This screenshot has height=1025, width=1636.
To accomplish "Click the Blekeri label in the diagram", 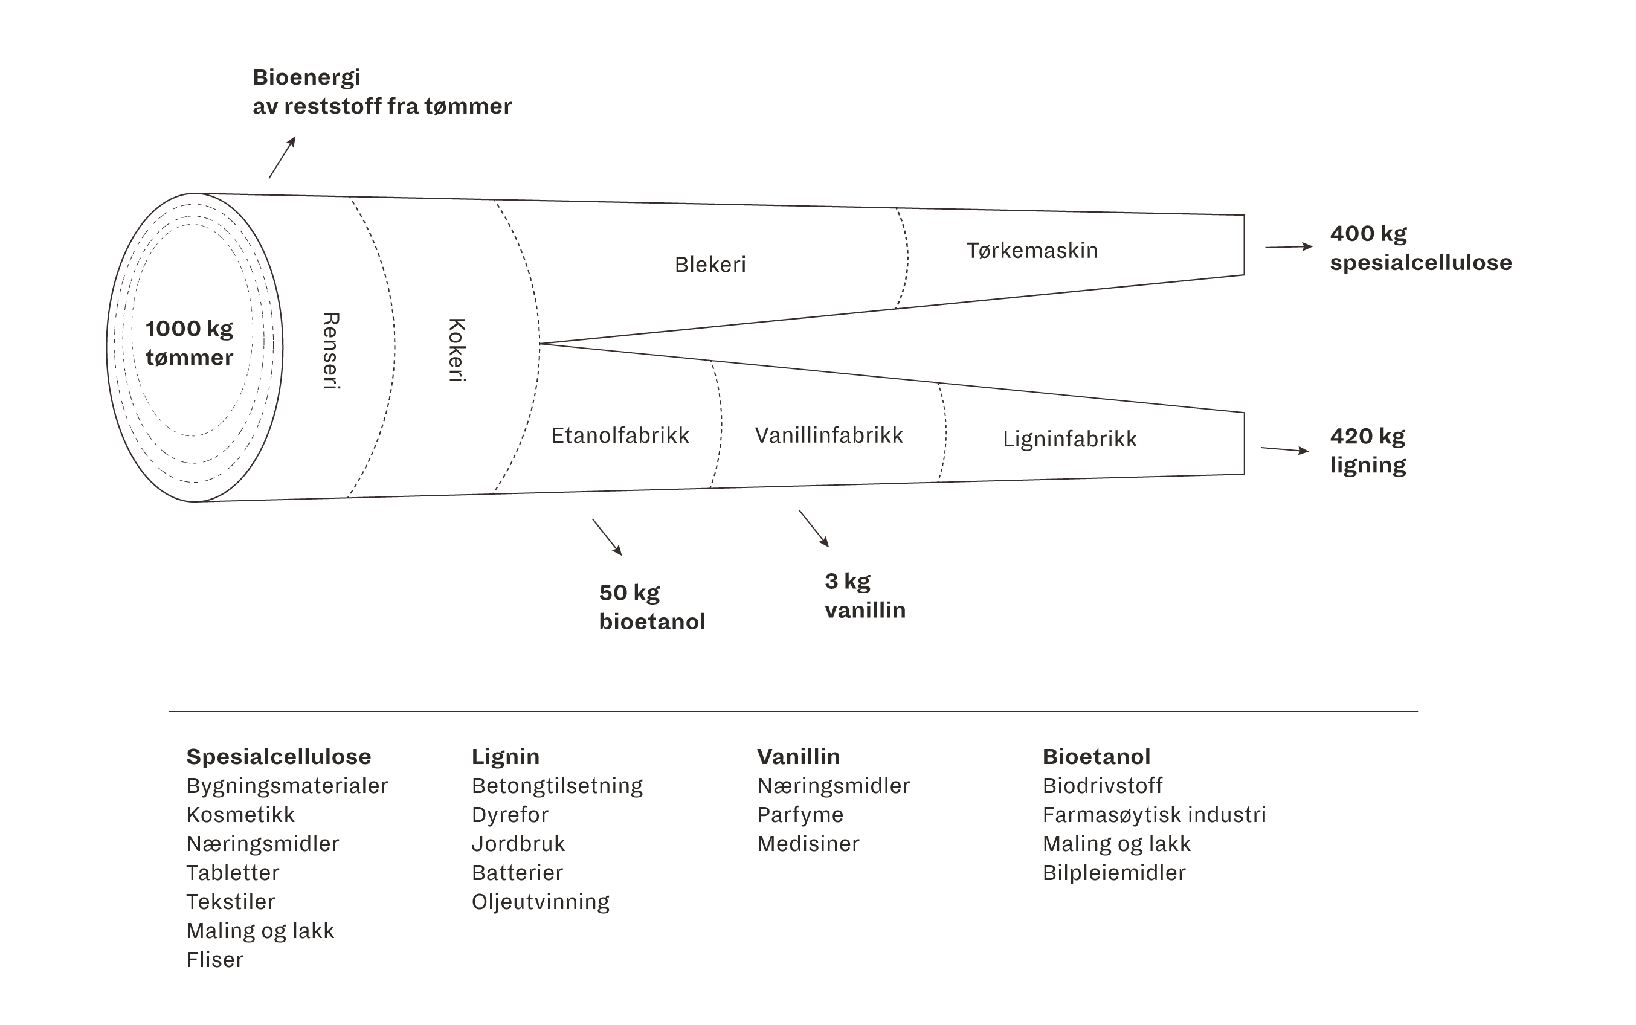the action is (x=710, y=265).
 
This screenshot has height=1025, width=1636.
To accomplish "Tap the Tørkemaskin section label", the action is (x=1031, y=250).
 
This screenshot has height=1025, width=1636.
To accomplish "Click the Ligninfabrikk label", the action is (x=1069, y=439).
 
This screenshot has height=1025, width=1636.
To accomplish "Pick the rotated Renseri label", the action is (x=330, y=350).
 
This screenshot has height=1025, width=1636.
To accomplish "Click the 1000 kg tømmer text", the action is (x=189, y=343).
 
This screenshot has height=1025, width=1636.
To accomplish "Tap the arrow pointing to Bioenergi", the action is (x=282, y=156).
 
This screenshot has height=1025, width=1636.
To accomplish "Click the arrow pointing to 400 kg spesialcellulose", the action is (x=1288, y=247).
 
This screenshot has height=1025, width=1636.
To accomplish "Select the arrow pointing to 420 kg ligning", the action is (x=1284, y=449).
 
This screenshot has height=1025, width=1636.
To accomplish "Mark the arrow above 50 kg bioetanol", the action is (x=607, y=537).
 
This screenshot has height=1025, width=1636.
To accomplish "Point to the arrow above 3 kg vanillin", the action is (x=814, y=528).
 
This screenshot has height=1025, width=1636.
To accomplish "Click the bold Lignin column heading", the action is (x=505, y=757).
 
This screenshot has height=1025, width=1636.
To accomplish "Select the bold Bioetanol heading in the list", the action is (x=1096, y=757).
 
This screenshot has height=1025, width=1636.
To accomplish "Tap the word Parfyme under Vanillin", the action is (x=800, y=815).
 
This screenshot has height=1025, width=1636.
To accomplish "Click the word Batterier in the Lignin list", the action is (x=517, y=872).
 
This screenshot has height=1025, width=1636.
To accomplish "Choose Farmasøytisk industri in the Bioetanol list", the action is (x=1153, y=815).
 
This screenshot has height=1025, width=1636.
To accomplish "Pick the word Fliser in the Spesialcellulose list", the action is (x=214, y=959).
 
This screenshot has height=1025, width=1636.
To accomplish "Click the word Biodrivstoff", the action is (x=1102, y=786).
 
